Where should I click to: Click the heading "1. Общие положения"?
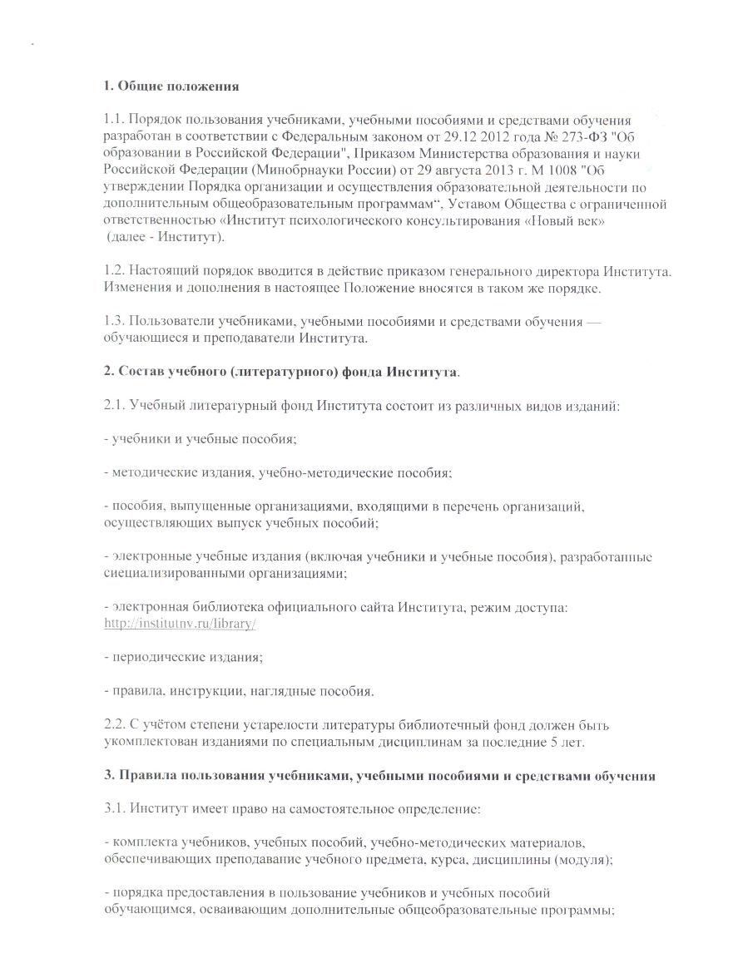(x=171, y=86)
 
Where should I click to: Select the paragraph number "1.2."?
(x=117, y=273)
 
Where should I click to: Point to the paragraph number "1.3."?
(x=117, y=323)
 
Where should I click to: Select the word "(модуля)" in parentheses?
(x=582, y=860)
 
